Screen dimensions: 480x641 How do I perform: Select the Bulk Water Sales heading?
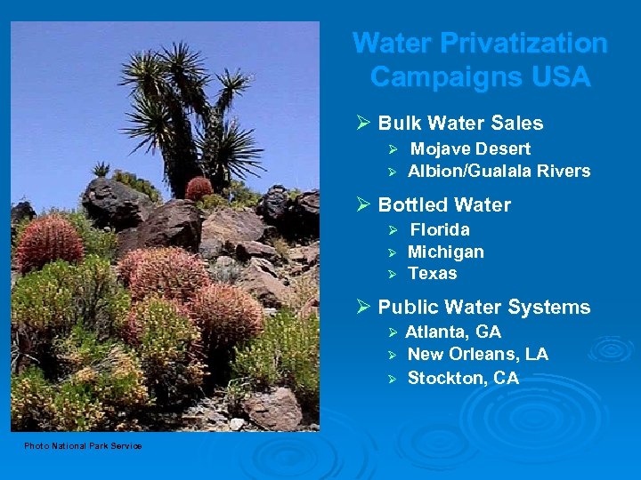tap(460, 124)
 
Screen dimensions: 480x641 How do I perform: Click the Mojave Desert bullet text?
tap(470, 148)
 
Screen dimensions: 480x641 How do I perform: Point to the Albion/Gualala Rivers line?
tap(499, 171)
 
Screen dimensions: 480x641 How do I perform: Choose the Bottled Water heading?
tap(444, 204)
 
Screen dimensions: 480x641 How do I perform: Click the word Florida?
tap(439, 229)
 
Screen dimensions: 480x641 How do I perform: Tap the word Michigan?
tap(445, 252)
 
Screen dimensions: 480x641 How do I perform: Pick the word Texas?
tap(432, 274)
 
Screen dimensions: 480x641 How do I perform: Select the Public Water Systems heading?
tap(483, 308)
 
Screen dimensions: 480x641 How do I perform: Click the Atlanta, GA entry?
tap(453, 332)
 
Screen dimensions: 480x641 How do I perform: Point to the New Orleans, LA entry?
tap(477, 355)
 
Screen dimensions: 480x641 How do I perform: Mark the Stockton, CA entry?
tap(463, 378)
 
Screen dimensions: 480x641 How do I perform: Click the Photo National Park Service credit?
tap(83, 445)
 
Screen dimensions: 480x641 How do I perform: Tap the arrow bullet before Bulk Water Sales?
tap(361, 124)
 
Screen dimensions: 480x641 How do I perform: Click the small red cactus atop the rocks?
tap(199, 188)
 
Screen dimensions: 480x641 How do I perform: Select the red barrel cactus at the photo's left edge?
tap(50, 241)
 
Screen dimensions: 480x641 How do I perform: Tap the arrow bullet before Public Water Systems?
tap(361, 308)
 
